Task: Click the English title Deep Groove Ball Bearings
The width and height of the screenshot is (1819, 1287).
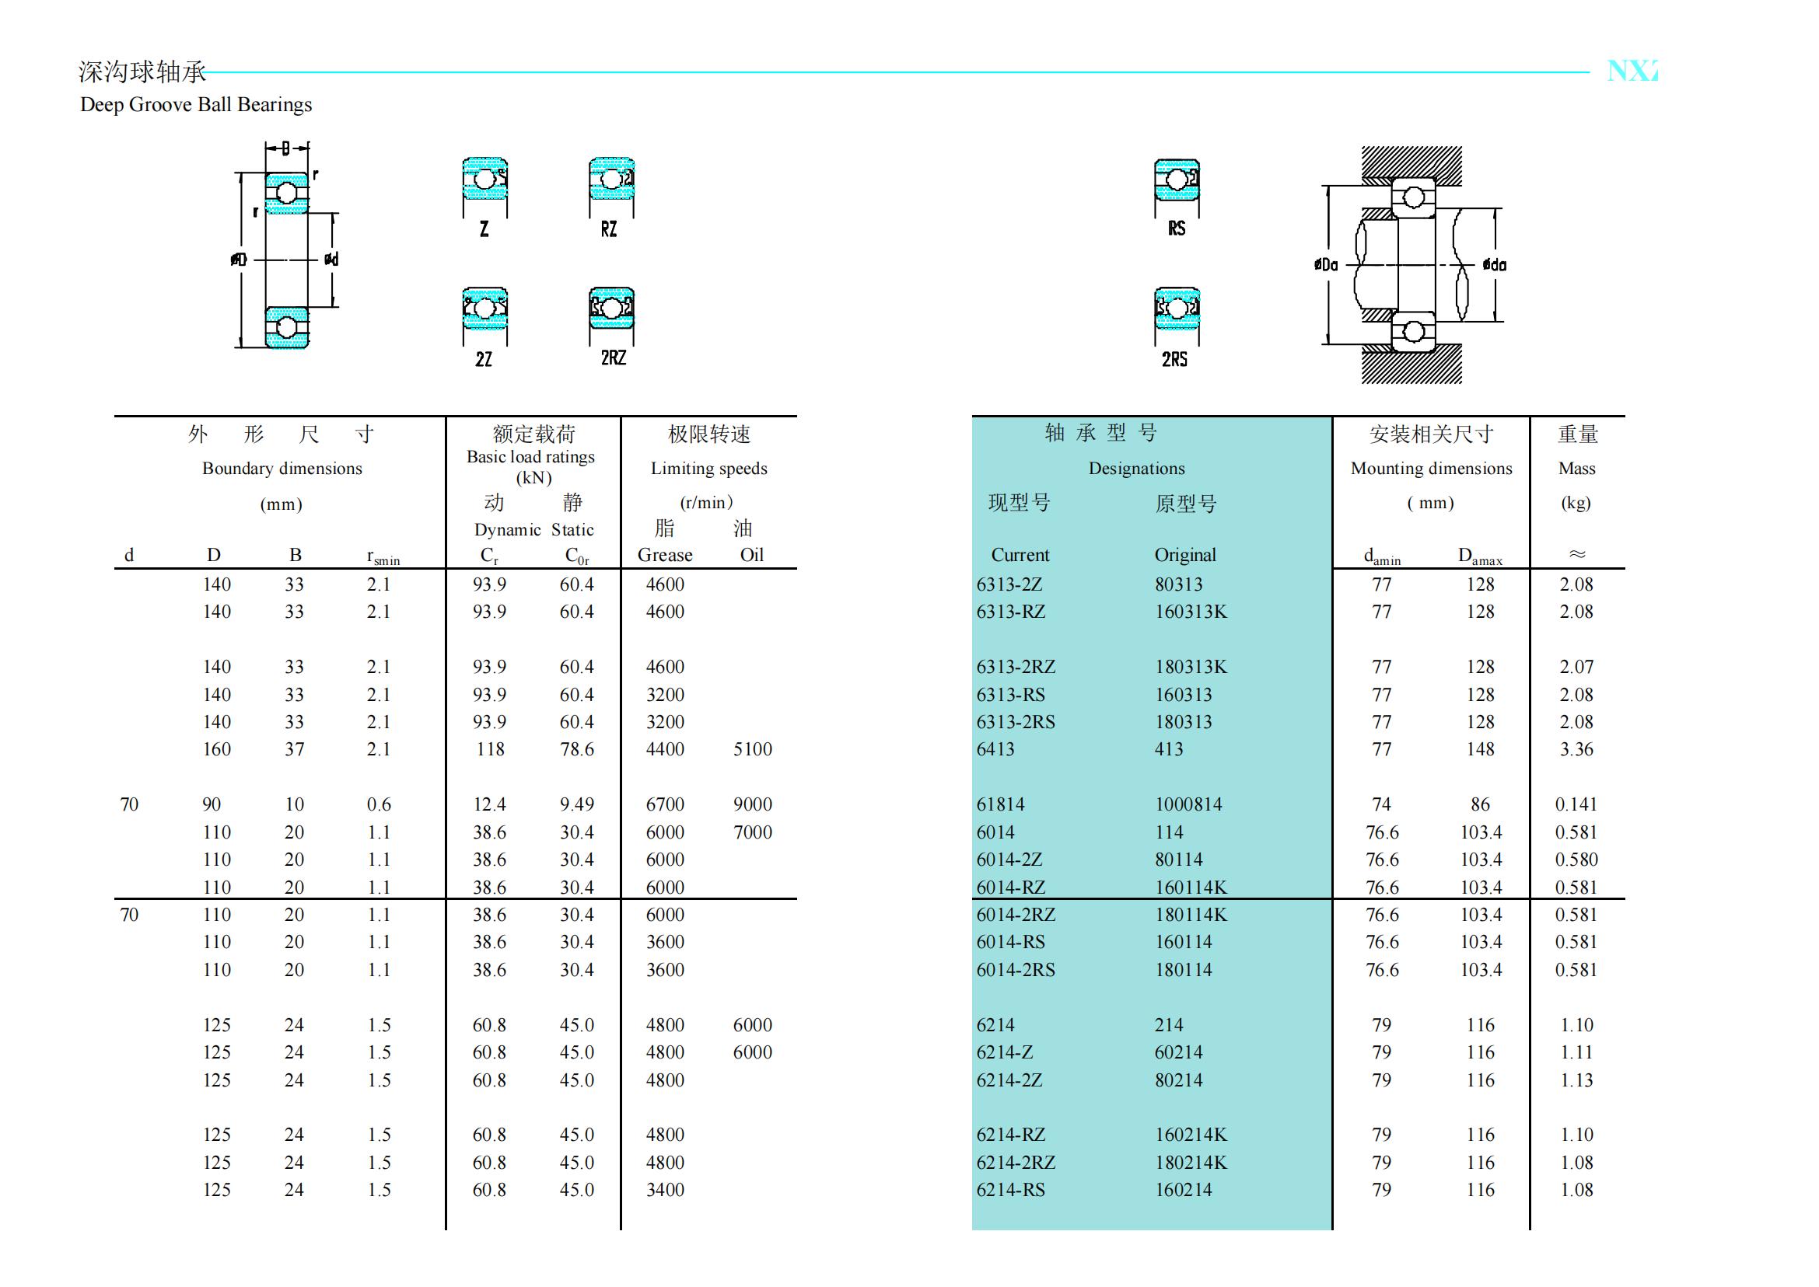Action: [x=196, y=105]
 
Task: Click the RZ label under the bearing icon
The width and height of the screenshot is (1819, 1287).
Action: [x=609, y=230]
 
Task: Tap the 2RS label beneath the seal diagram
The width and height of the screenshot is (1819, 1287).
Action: [x=1175, y=360]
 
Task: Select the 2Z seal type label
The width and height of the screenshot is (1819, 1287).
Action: [x=484, y=360]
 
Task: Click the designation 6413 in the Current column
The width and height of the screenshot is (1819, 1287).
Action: [x=995, y=749]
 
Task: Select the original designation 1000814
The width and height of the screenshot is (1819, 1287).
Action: [x=1188, y=804]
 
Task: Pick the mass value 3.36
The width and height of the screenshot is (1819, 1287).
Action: [x=1576, y=749]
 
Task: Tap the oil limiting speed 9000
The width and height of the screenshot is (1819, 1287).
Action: [x=753, y=804]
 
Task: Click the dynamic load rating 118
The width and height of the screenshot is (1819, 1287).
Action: [x=491, y=749]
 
